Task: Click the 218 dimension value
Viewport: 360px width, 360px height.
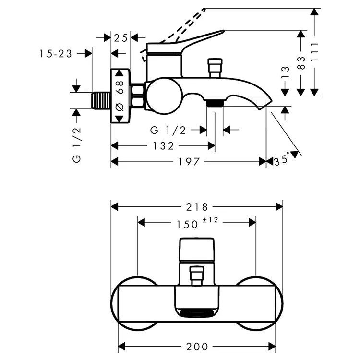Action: coord(198,207)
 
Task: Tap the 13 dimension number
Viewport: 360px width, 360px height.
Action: coord(286,72)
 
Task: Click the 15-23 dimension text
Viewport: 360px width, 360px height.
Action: coord(56,54)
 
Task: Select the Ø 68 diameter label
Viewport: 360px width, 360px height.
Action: coord(120,96)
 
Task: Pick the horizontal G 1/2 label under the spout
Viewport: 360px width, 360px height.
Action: coord(168,130)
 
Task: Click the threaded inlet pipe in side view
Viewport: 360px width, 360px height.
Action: coord(101,100)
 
